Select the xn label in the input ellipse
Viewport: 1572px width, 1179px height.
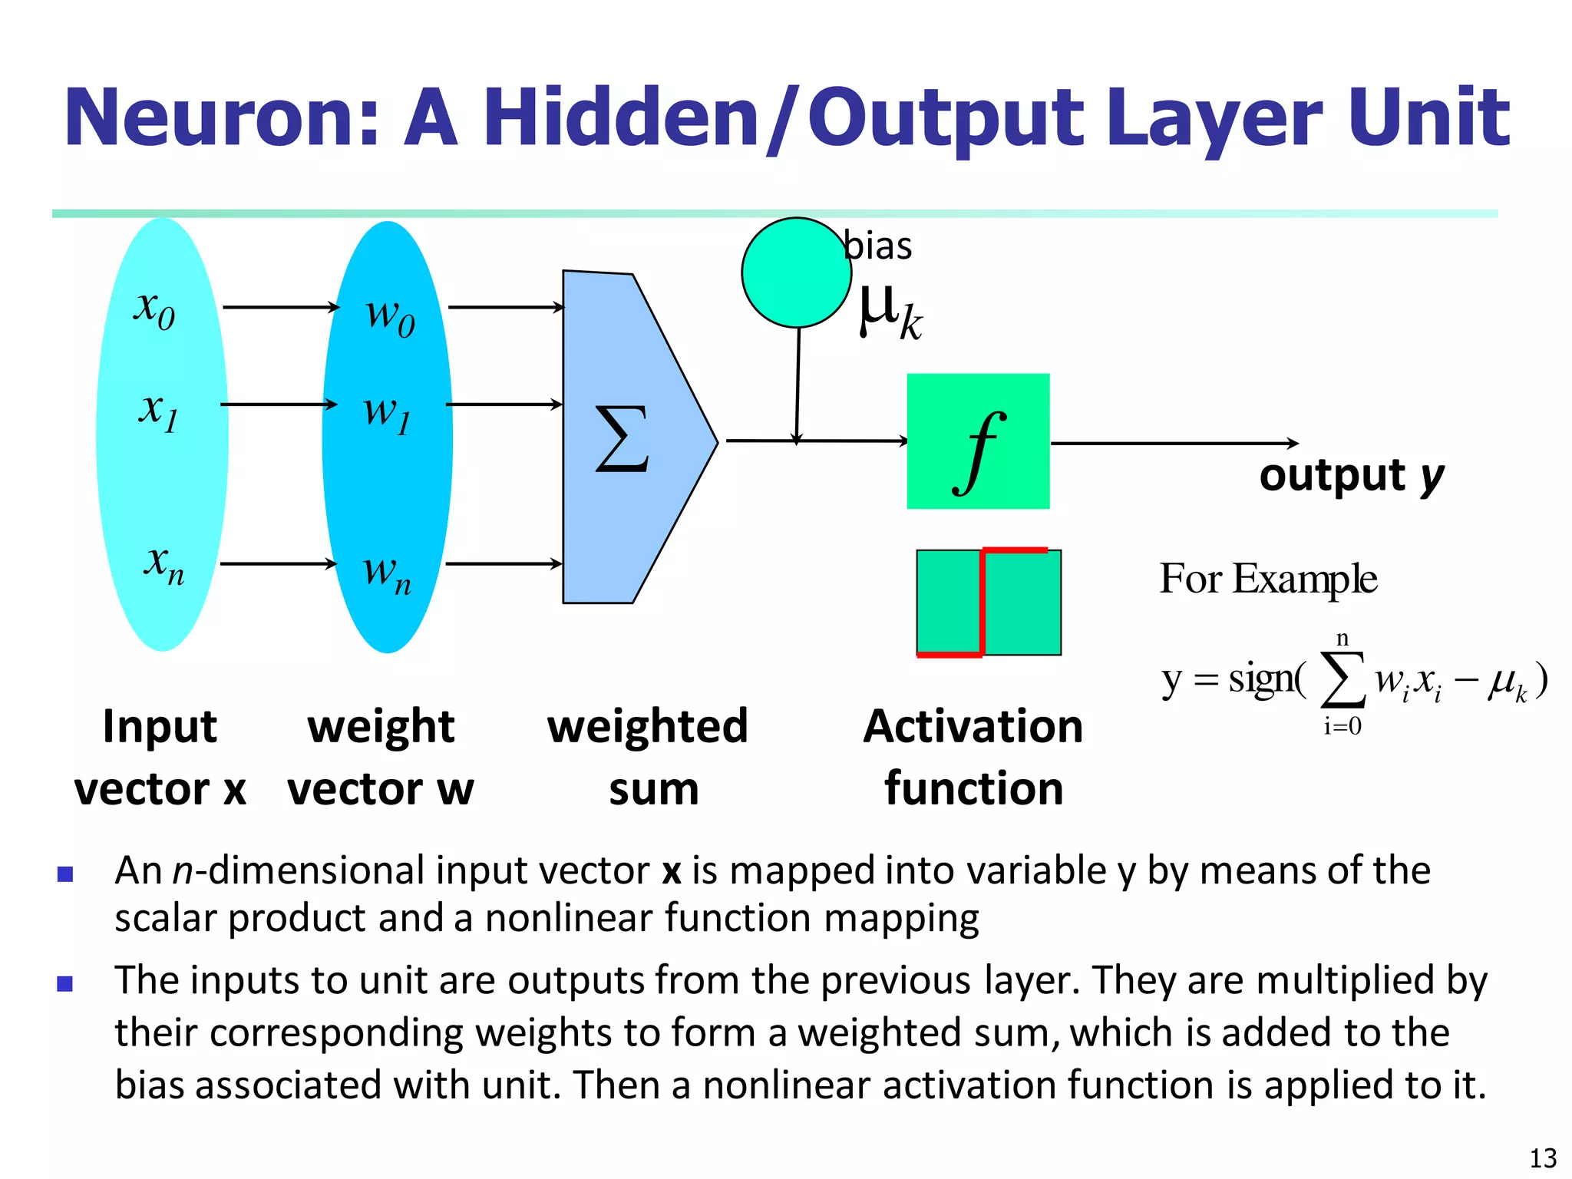[163, 565]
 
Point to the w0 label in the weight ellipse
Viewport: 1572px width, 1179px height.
[390, 315]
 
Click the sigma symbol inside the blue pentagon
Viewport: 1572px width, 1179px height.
[623, 439]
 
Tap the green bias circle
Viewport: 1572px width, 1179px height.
[796, 273]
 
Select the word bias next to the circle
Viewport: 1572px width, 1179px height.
[878, 247]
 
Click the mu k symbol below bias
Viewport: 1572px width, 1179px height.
[889, 312]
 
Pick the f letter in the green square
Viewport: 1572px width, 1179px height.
[978, 453]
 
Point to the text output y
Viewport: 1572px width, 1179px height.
[1351, 476]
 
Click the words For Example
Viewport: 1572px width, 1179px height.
[1267, 579]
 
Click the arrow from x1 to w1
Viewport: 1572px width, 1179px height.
[279, 405]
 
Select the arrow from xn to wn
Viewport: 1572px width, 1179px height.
[279, 564]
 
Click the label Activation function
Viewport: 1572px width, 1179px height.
[973, 757]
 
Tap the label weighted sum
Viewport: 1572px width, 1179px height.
[649, 757]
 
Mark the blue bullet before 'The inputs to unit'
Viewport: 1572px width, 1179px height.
[65, 983]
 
